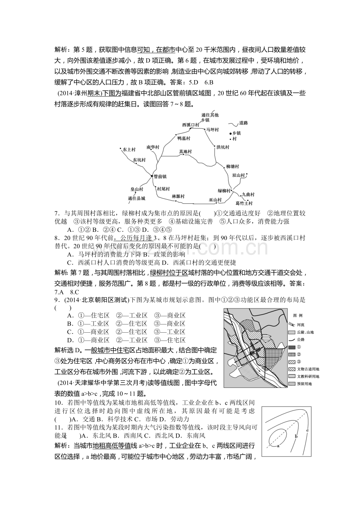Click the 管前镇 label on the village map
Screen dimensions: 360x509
click(160, 176)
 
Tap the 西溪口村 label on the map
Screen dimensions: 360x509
click(191, 125)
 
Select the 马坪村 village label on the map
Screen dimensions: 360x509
click(212, 129)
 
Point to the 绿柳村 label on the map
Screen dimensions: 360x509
click(224, 191)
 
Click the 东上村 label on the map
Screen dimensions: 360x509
click(129, 149)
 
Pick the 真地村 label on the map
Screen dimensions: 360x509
click(185, 151)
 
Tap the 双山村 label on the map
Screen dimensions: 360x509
click(238, 175)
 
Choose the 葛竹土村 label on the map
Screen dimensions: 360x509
click(244, 203)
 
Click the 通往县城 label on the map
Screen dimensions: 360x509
click(137, 198)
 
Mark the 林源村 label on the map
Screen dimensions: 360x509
click(178, 196)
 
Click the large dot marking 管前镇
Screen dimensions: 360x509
click(152, 176)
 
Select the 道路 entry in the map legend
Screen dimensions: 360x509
click(243, 123)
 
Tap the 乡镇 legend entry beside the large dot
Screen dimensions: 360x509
click(236, 133)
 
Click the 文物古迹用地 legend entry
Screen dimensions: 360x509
click(308, 369)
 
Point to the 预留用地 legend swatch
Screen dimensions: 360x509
click(292, 384)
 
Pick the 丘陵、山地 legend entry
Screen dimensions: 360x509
click(306, 332)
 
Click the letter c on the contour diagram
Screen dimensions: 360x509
click(308, 430)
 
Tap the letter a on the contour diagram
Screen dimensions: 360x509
click(278, 446)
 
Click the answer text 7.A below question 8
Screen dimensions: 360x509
click(59, 292)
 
